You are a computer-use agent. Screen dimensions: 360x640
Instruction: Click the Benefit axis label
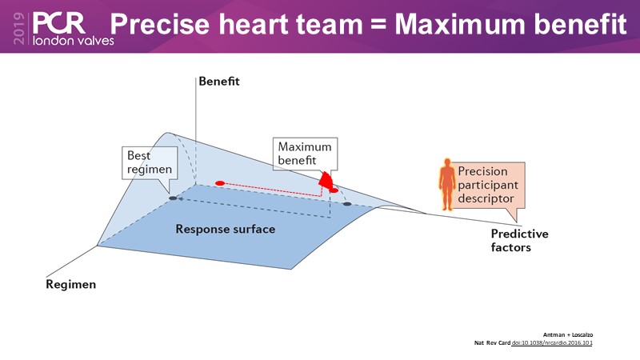219,82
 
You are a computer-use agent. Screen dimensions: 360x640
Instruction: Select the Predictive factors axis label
519,241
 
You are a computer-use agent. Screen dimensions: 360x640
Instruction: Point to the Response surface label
226,230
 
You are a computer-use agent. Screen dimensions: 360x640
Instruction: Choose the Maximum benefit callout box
305,154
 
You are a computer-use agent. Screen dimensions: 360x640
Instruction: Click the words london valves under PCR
70,38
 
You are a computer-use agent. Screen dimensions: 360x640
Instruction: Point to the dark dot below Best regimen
172,197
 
